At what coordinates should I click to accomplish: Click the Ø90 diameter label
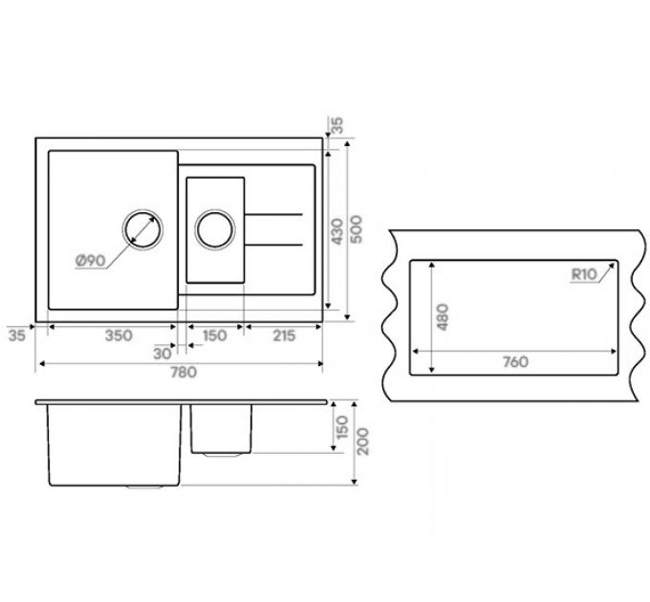pyautogui.click(x=91, y=261)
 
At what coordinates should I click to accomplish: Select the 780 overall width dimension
pyautogui.click(x=184, y=372)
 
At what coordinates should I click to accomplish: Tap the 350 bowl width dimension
pyautogui.click(x=119, y=335)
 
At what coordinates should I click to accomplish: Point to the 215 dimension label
pyautogui.click(x=284, y=335)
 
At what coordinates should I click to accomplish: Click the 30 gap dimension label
pyautogui.click(x=162, y=354)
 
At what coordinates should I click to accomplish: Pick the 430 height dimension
pyautogui.click(x=337, y=231)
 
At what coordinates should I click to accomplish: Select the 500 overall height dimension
pyautogui.click(x=356, y=229)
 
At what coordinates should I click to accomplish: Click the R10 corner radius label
pyautogui.click(x=584, y=274)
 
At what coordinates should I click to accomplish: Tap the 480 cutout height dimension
pyautogui.click(x=443, y=317)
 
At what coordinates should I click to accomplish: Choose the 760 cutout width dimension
pyautogui.click(x=515, y=362)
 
